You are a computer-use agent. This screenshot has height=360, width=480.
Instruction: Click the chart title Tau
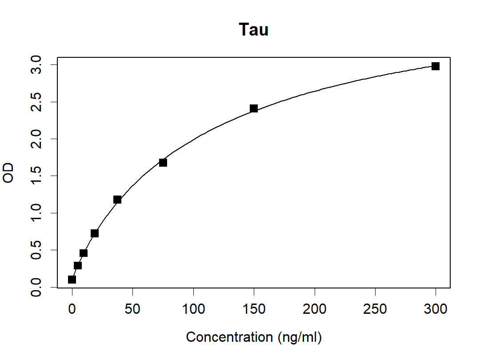point(253,30)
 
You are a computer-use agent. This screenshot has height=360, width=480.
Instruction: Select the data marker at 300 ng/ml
point(436,66)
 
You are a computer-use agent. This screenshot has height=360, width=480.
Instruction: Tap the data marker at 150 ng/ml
point(254,108)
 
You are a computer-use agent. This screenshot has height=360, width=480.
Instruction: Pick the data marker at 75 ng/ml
point(163,163)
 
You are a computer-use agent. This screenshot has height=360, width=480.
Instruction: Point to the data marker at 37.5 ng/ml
point(117,200)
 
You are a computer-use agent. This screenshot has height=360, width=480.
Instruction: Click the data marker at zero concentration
point(72,280)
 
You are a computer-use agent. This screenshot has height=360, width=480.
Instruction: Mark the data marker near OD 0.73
point(95,233)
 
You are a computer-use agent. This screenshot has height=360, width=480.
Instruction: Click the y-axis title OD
point(8,173)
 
